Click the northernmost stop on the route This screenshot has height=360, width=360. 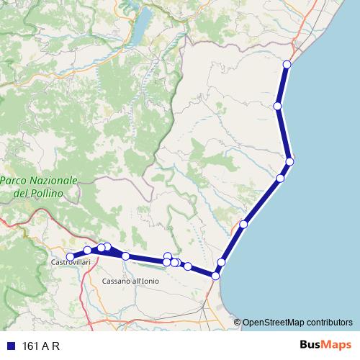287,65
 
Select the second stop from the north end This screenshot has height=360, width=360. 278,107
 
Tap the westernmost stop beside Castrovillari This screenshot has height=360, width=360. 70,256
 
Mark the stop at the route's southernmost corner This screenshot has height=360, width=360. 215,276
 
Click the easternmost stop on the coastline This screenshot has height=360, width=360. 289,162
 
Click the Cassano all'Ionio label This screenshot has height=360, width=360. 130,281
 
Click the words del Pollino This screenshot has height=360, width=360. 38,194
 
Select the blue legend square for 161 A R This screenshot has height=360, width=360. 10,346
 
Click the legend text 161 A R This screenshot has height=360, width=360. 41,346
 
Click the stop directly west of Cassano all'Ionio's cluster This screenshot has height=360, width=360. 126,256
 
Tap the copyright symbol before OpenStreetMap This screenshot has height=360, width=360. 238,323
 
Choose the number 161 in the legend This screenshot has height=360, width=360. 31,346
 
